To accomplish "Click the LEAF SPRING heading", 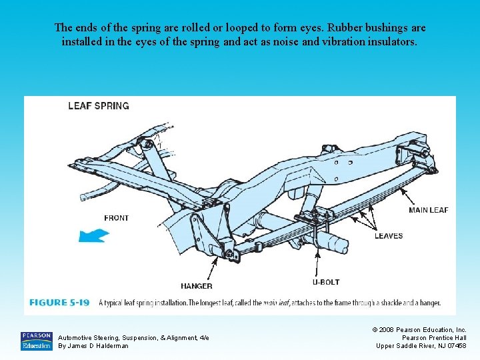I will tap(99, 105).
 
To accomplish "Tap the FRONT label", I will tap(117, 218).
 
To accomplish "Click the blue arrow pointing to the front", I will tap(93, 235).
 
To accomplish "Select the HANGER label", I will tap(197, 286).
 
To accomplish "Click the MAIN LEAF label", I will tap(428, 210).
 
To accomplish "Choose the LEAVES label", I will tap(388, 236).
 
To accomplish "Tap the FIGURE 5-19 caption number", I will tap(59, 303).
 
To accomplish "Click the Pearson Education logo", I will tap(36, 341).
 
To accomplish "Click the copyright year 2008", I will tap(388, 329).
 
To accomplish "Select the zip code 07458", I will tap(457, 345).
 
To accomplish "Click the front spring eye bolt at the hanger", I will tap(229, 253).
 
